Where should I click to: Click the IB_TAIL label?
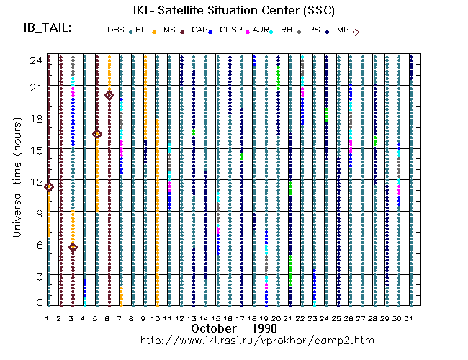click(47, 28)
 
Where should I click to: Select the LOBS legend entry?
click(113, 31)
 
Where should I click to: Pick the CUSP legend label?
click(230, 31)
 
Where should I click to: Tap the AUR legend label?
click(260, 31)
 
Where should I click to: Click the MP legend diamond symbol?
click(356, 32)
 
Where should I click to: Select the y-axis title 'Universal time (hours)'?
click(15, 180)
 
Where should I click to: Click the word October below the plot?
click(215, 328)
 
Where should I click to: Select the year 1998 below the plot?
click(264, 328)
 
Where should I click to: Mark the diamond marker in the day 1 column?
click(49, 186)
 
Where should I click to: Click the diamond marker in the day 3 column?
click(73, 247)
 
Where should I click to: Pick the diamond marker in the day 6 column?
click(109, 95)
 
